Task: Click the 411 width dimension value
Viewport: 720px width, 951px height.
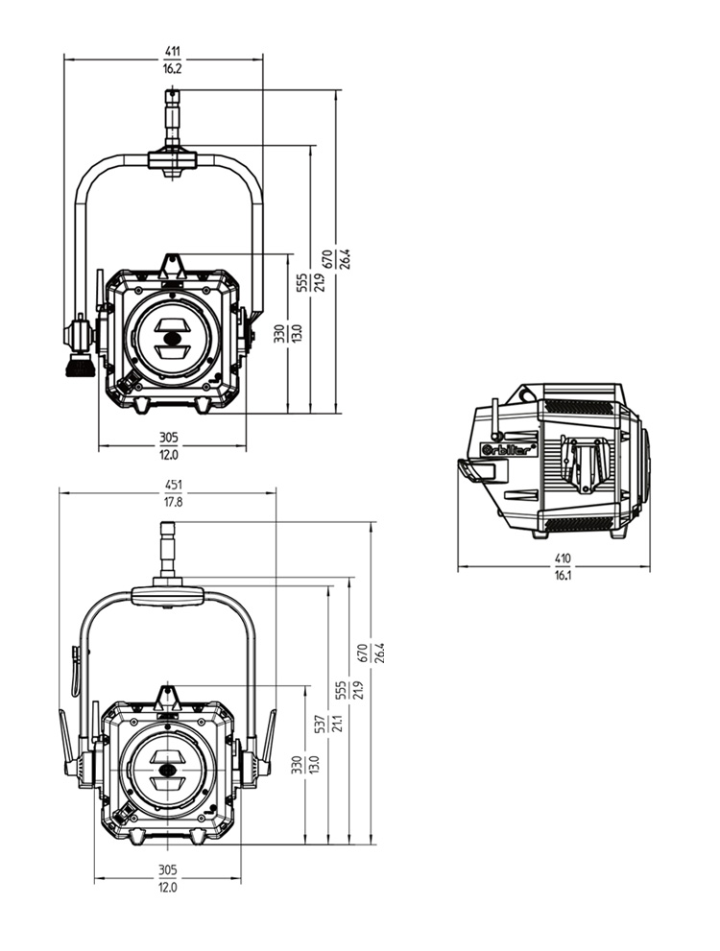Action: tap(172, 50)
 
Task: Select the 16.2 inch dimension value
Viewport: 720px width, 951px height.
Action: tap(172, 68)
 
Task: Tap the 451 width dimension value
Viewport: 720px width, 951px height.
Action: tap(173, 485)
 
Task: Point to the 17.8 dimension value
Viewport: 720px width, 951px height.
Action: tap(173, 502)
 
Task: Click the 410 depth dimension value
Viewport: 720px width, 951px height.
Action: tap(562, 557)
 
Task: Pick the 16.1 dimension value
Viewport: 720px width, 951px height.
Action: tap(562, 574)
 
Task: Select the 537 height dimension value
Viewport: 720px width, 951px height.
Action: tap(321, 724)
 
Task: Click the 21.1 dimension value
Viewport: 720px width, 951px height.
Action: tap(337, 724)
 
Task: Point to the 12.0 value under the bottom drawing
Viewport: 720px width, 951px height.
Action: tap(167, 888)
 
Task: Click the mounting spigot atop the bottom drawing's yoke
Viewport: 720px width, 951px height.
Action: tap(167, 547)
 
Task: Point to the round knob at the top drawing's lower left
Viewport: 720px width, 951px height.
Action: tap(78, 368)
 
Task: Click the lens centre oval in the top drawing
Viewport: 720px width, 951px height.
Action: tap(171, 337)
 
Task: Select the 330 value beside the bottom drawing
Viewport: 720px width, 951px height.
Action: tap(298, 765)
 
